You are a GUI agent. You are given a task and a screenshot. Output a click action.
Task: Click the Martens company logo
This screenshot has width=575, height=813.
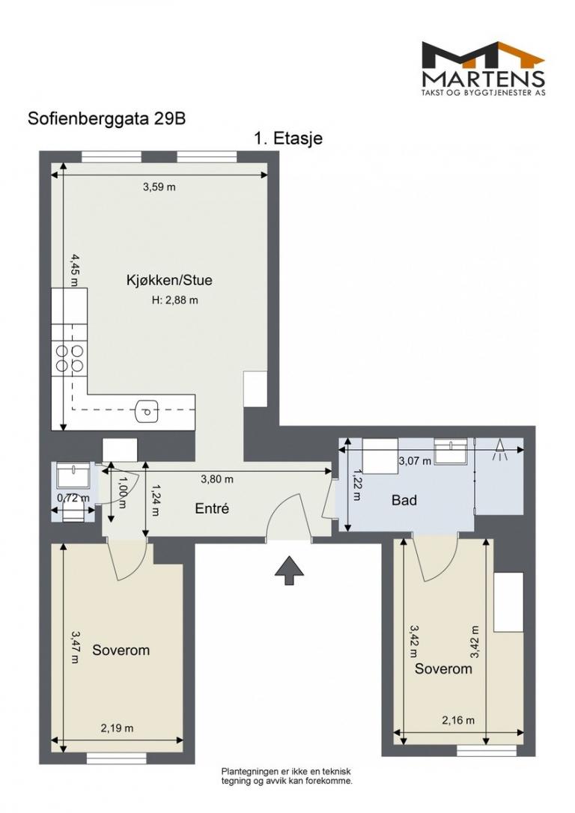click(x=483, y=68)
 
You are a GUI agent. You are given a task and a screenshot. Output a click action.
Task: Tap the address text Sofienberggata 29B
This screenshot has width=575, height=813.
click(x=107, y=119)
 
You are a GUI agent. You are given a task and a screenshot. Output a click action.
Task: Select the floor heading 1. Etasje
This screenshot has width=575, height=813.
click(x=288, y=138)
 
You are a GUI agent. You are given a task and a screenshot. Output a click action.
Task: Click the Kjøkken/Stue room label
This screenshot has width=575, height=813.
click(x=169, y=281)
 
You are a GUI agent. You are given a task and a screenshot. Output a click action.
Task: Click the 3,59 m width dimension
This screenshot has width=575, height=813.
click(x=159, y=186)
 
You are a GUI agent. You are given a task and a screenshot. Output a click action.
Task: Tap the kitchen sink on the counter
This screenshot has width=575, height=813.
click(x=147, y=412)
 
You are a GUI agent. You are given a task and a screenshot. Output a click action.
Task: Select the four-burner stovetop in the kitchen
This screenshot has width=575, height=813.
click(x=70, y=359)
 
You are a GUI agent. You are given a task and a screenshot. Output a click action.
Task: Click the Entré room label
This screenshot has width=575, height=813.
click(x=212, y=508)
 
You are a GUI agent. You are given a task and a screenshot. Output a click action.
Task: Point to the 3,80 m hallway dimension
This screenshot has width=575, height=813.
click(x=216, y=479)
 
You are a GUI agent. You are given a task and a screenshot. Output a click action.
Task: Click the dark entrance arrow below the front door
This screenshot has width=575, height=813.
click(x=289, y=570)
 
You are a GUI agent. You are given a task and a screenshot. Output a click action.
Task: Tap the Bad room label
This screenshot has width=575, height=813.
click(x=404, y=500)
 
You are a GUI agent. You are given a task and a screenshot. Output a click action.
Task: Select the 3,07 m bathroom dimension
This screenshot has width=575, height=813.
click(x=414, y=460)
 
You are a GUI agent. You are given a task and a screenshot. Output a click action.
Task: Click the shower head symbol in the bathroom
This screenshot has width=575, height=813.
click(x=499, y=450)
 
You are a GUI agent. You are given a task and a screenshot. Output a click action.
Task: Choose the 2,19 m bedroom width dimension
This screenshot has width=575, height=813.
click(x=117, y=728)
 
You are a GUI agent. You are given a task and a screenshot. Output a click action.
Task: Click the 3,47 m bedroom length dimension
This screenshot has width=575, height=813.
click(x=75, y=647)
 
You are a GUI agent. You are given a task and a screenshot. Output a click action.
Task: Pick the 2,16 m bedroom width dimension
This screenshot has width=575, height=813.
click(x=457, y=720)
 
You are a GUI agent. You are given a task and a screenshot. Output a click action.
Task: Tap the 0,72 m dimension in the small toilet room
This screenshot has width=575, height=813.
click(x=73, y=499)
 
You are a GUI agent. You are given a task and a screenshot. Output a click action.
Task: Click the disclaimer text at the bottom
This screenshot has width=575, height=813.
click(x=287, y=776)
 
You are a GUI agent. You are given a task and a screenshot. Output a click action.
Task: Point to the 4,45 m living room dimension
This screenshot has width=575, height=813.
click(x=75, y=270)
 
